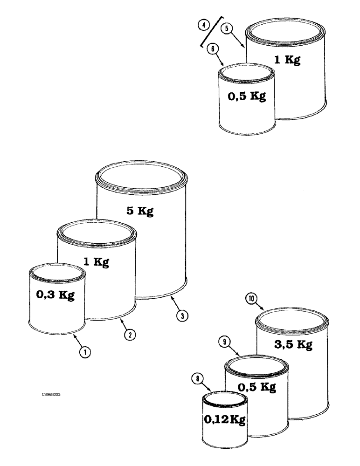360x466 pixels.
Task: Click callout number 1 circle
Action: [84, 353]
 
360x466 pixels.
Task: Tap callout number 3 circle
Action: [182, 315]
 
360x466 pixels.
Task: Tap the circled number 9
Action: [226, 342]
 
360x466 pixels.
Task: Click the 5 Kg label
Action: [139, 211]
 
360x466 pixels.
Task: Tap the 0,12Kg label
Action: [224, 418]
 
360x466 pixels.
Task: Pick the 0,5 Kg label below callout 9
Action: [256, 387]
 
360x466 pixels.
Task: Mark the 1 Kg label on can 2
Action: [96, 262]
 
